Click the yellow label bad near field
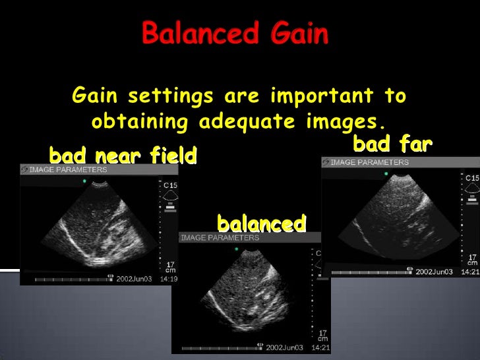[x=123, y=156]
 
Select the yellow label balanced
[x=261, y=223]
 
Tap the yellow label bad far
[x=393, y=142]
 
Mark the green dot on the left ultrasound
[x=84, y=180]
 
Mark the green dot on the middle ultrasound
[x=237, y=249]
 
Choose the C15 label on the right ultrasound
[x=472, y=178]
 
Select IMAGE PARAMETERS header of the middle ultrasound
[x=220, y=237]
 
